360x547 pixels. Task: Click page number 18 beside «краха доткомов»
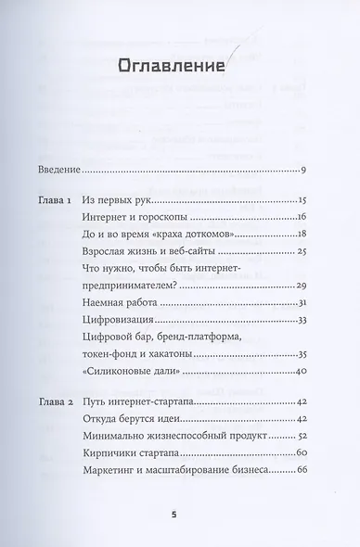click(302, 235)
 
